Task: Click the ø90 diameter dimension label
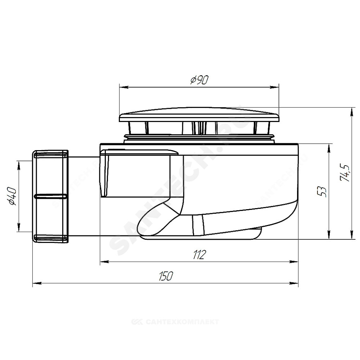199,80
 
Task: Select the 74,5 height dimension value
345,173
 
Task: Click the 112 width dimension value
199,255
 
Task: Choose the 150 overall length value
165,276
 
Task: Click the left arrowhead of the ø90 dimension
123,87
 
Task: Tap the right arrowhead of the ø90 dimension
274,87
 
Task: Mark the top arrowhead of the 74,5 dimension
351,112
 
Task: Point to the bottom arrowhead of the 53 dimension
329,235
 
